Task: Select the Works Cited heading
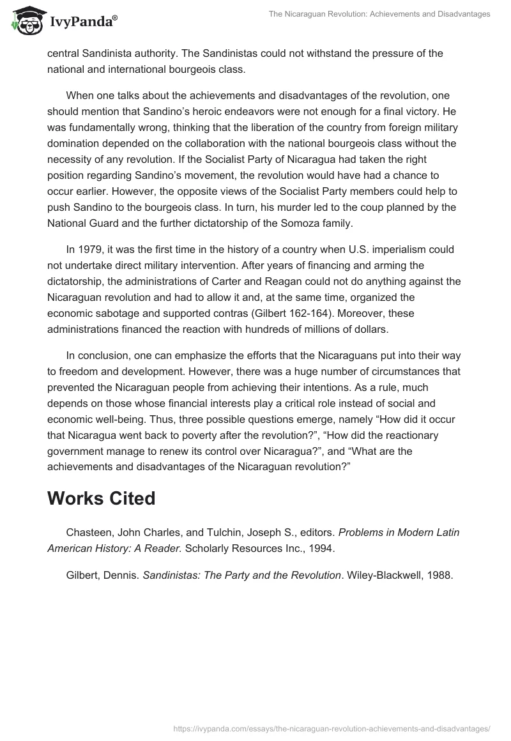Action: (101, 498)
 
